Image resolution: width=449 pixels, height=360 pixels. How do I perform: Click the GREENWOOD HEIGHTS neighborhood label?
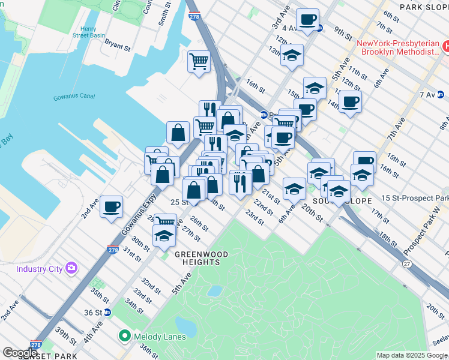[x=202, y=259]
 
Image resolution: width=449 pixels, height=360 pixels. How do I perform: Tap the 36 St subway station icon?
[x=107, y=312]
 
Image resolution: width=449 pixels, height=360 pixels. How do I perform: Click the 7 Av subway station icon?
[x=440, y=95]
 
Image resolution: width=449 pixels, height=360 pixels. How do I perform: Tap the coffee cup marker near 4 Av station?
[x=307, y=19]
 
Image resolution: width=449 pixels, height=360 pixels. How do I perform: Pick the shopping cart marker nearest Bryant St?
[x=199, y=61]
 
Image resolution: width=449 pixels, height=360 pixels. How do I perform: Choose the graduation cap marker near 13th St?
[x=292, y=55]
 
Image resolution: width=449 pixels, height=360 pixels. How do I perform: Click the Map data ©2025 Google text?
[x=411, y=355]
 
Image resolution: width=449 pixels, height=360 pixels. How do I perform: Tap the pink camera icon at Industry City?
[x=71, y=268]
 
